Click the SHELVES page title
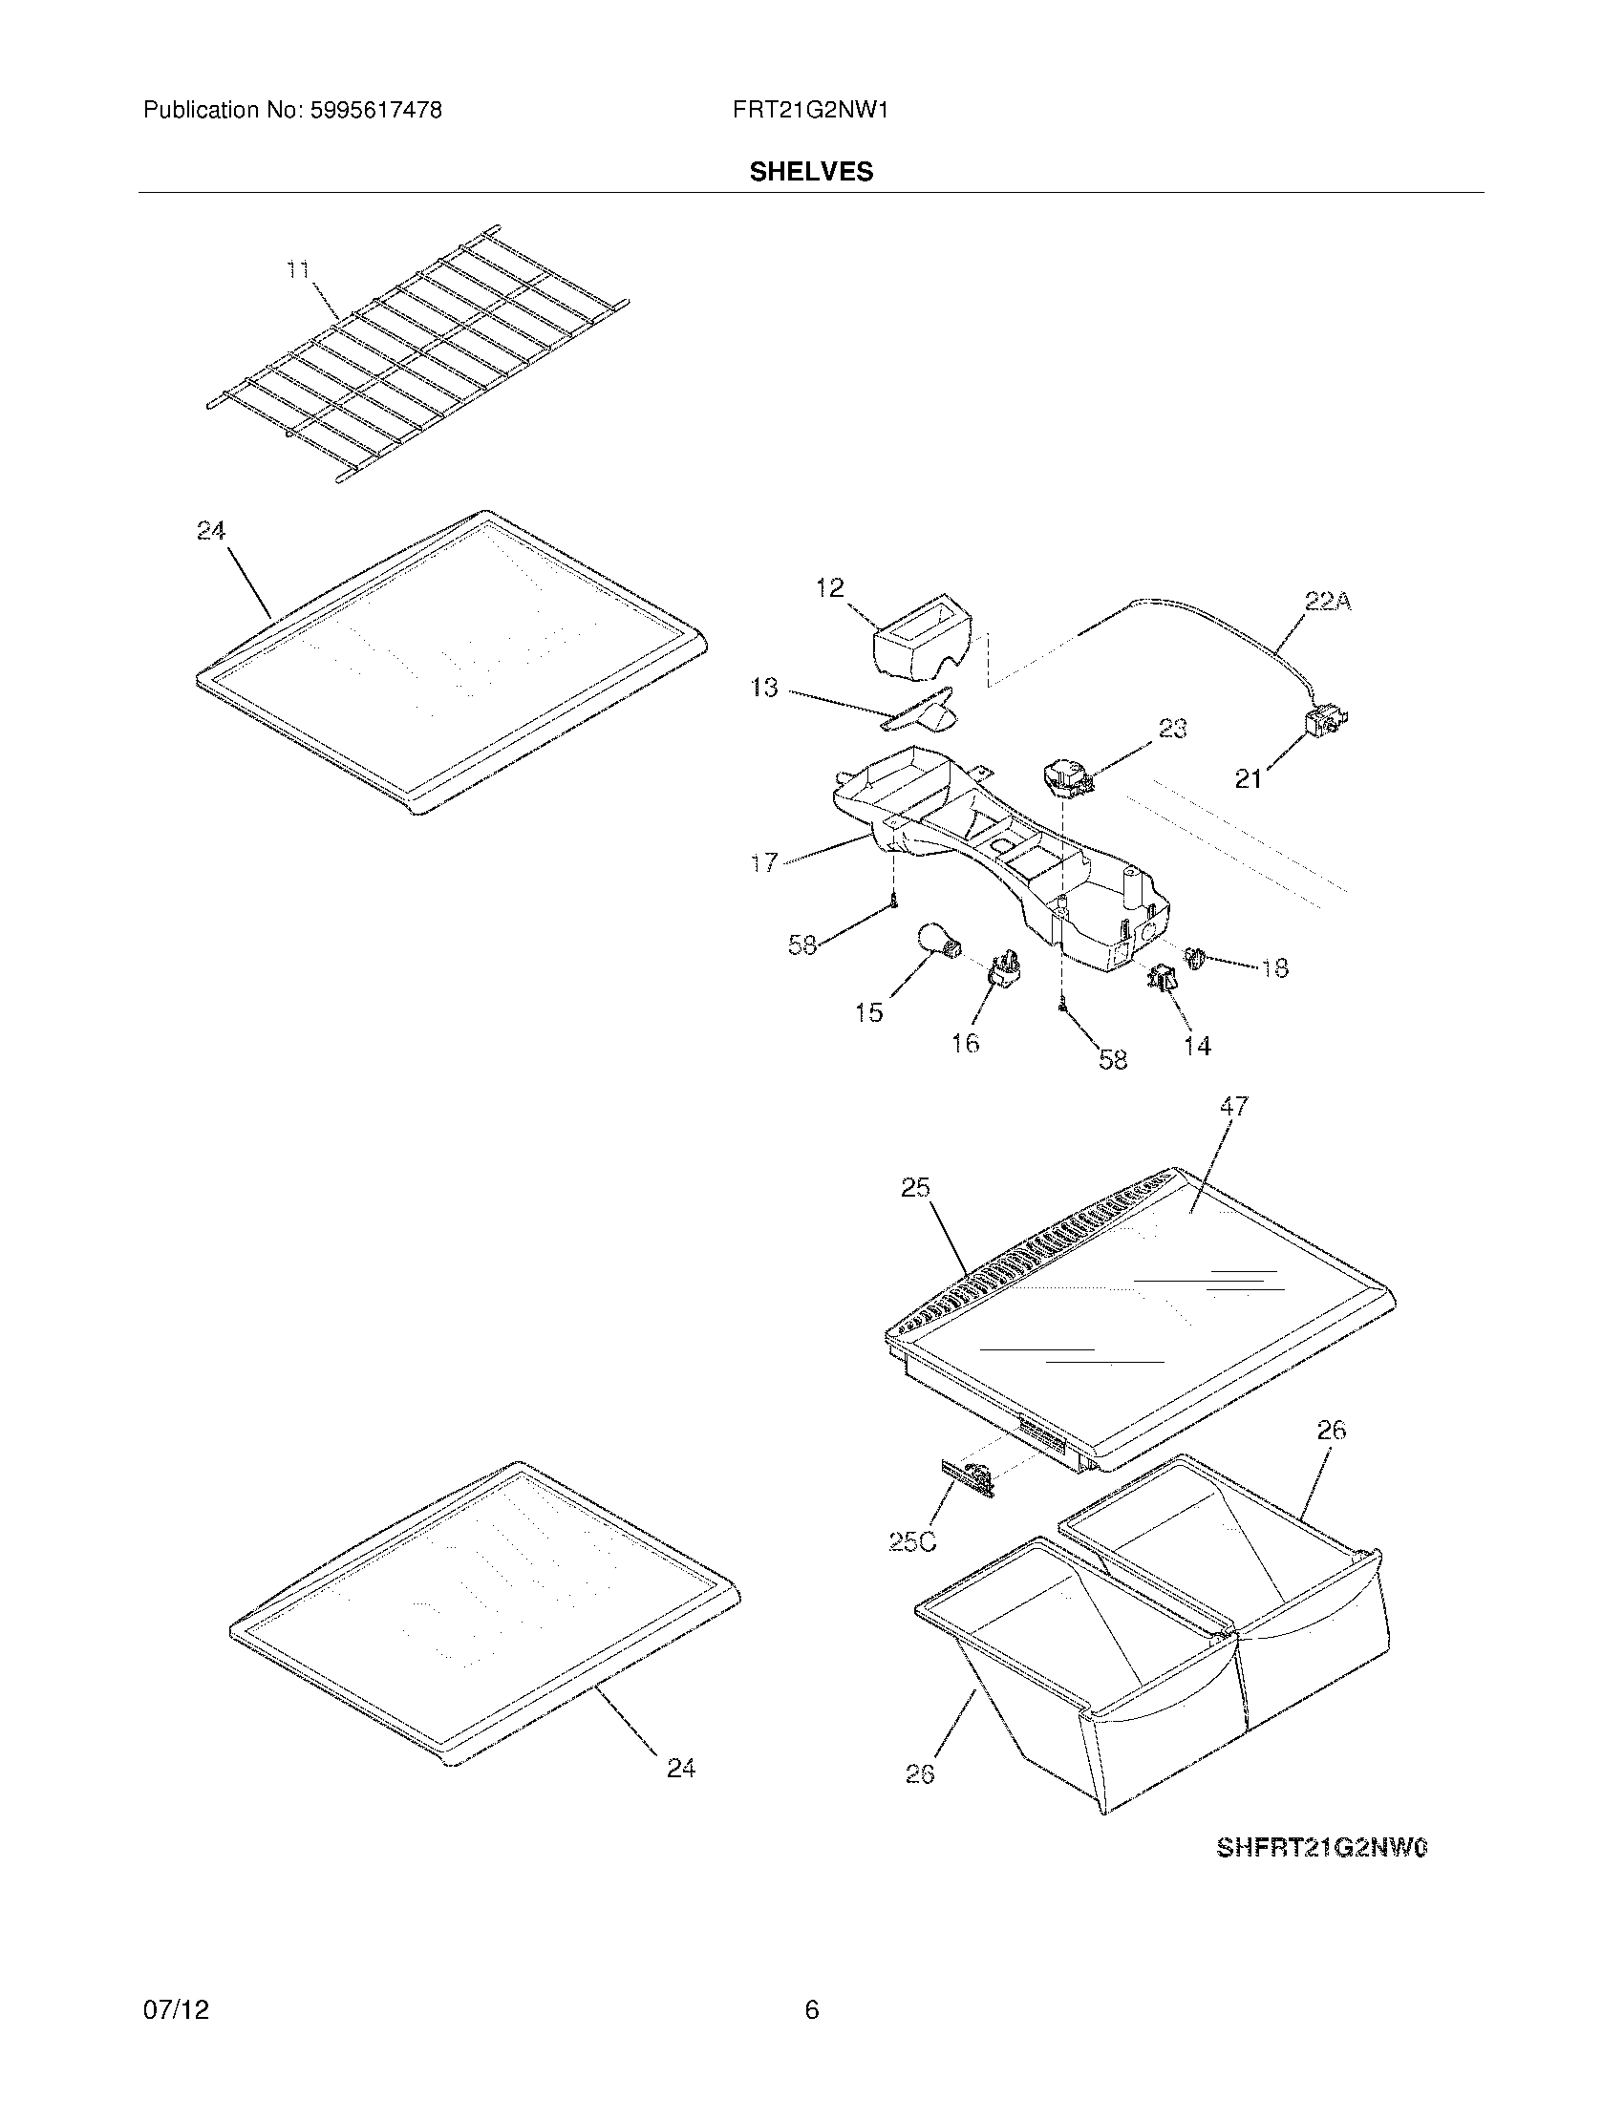(811, 171)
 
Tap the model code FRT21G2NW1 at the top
(810, 111)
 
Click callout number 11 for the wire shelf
(298, 270)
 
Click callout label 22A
(1328, 603)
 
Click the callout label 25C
(911, 1541)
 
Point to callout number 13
(765, 688)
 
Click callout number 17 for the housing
(765, 863)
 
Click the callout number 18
(1274, 967)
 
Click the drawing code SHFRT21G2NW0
(1322, 1848)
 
